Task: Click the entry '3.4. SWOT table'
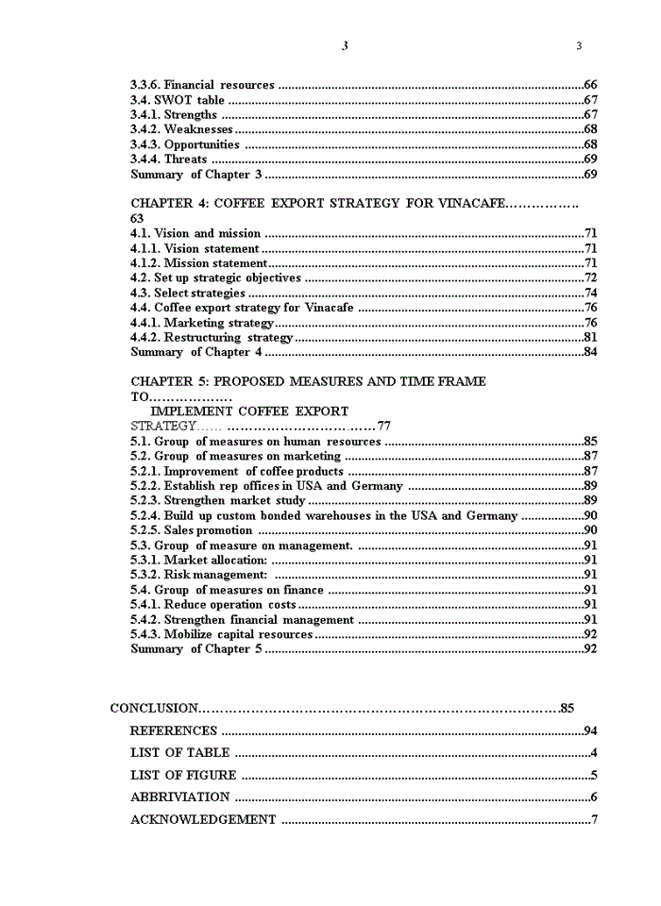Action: (178, 100)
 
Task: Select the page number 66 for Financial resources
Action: (590, 85)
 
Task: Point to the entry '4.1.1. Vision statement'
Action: (195, 248)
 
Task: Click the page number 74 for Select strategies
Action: (590, 294)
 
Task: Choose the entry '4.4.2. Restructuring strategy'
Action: (212, 338)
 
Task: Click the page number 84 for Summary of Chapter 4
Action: (590, 353)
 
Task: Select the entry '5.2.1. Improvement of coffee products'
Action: (237, 471)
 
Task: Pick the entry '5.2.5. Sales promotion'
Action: (192, 530)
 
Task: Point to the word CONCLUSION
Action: (154, 708)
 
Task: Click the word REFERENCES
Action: (174, 730)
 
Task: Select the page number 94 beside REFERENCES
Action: (590, 730)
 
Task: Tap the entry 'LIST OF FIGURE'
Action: (183, 776)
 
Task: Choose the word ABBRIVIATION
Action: (179, 797)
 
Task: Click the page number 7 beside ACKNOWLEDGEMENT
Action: (594, 820)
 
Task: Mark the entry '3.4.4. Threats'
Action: (168, 159)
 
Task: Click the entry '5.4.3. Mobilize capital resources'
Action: (221, 634)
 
